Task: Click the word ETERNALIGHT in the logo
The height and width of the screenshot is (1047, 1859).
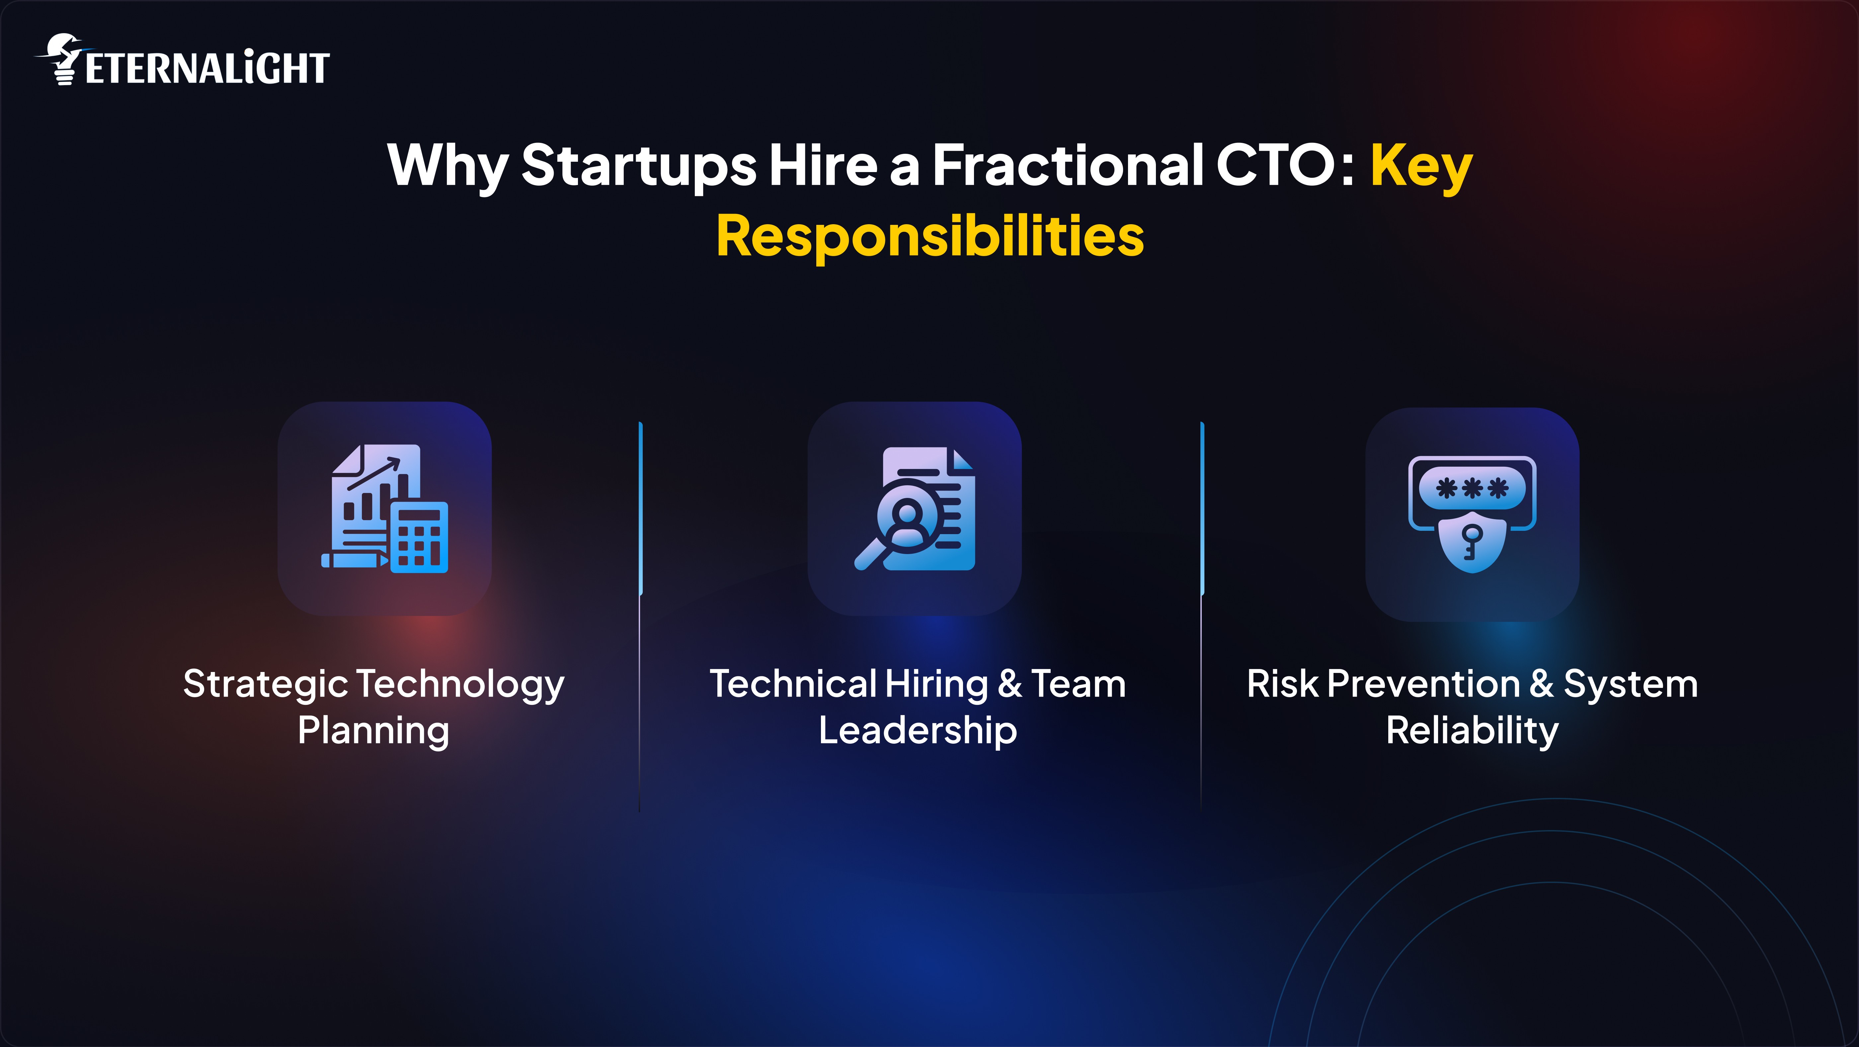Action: click(207, 69)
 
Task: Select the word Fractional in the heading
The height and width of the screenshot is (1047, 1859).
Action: click(1068, 165)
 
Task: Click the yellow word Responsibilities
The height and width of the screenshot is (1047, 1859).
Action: click(929, 236)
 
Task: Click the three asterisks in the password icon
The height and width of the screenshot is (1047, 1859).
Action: click(1472, 488)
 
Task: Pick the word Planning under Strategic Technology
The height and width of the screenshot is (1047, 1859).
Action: click(374, 731)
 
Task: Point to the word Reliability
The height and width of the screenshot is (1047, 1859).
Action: click(1472, 731)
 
